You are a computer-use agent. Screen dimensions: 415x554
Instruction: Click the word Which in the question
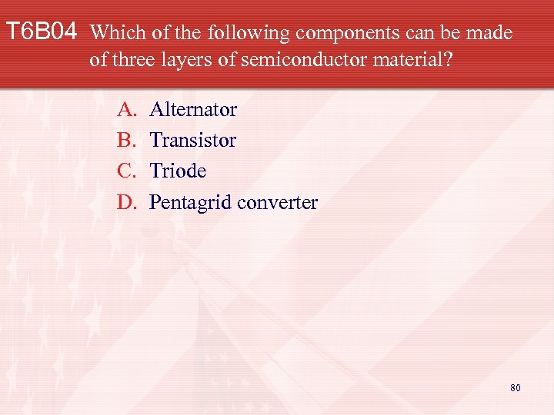114,33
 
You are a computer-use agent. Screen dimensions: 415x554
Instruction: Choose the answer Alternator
193,109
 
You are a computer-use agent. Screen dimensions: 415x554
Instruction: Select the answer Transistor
193,140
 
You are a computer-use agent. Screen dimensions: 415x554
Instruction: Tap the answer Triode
178,171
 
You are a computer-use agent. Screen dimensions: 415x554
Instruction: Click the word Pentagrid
191,203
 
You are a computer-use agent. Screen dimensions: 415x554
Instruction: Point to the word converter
278,202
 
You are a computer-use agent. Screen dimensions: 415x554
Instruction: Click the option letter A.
126,109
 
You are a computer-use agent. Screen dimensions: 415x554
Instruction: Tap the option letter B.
125,140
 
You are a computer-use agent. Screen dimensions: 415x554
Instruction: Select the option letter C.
125,171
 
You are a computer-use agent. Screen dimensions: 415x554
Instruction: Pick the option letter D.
125,202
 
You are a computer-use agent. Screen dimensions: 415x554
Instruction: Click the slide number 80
515,387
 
